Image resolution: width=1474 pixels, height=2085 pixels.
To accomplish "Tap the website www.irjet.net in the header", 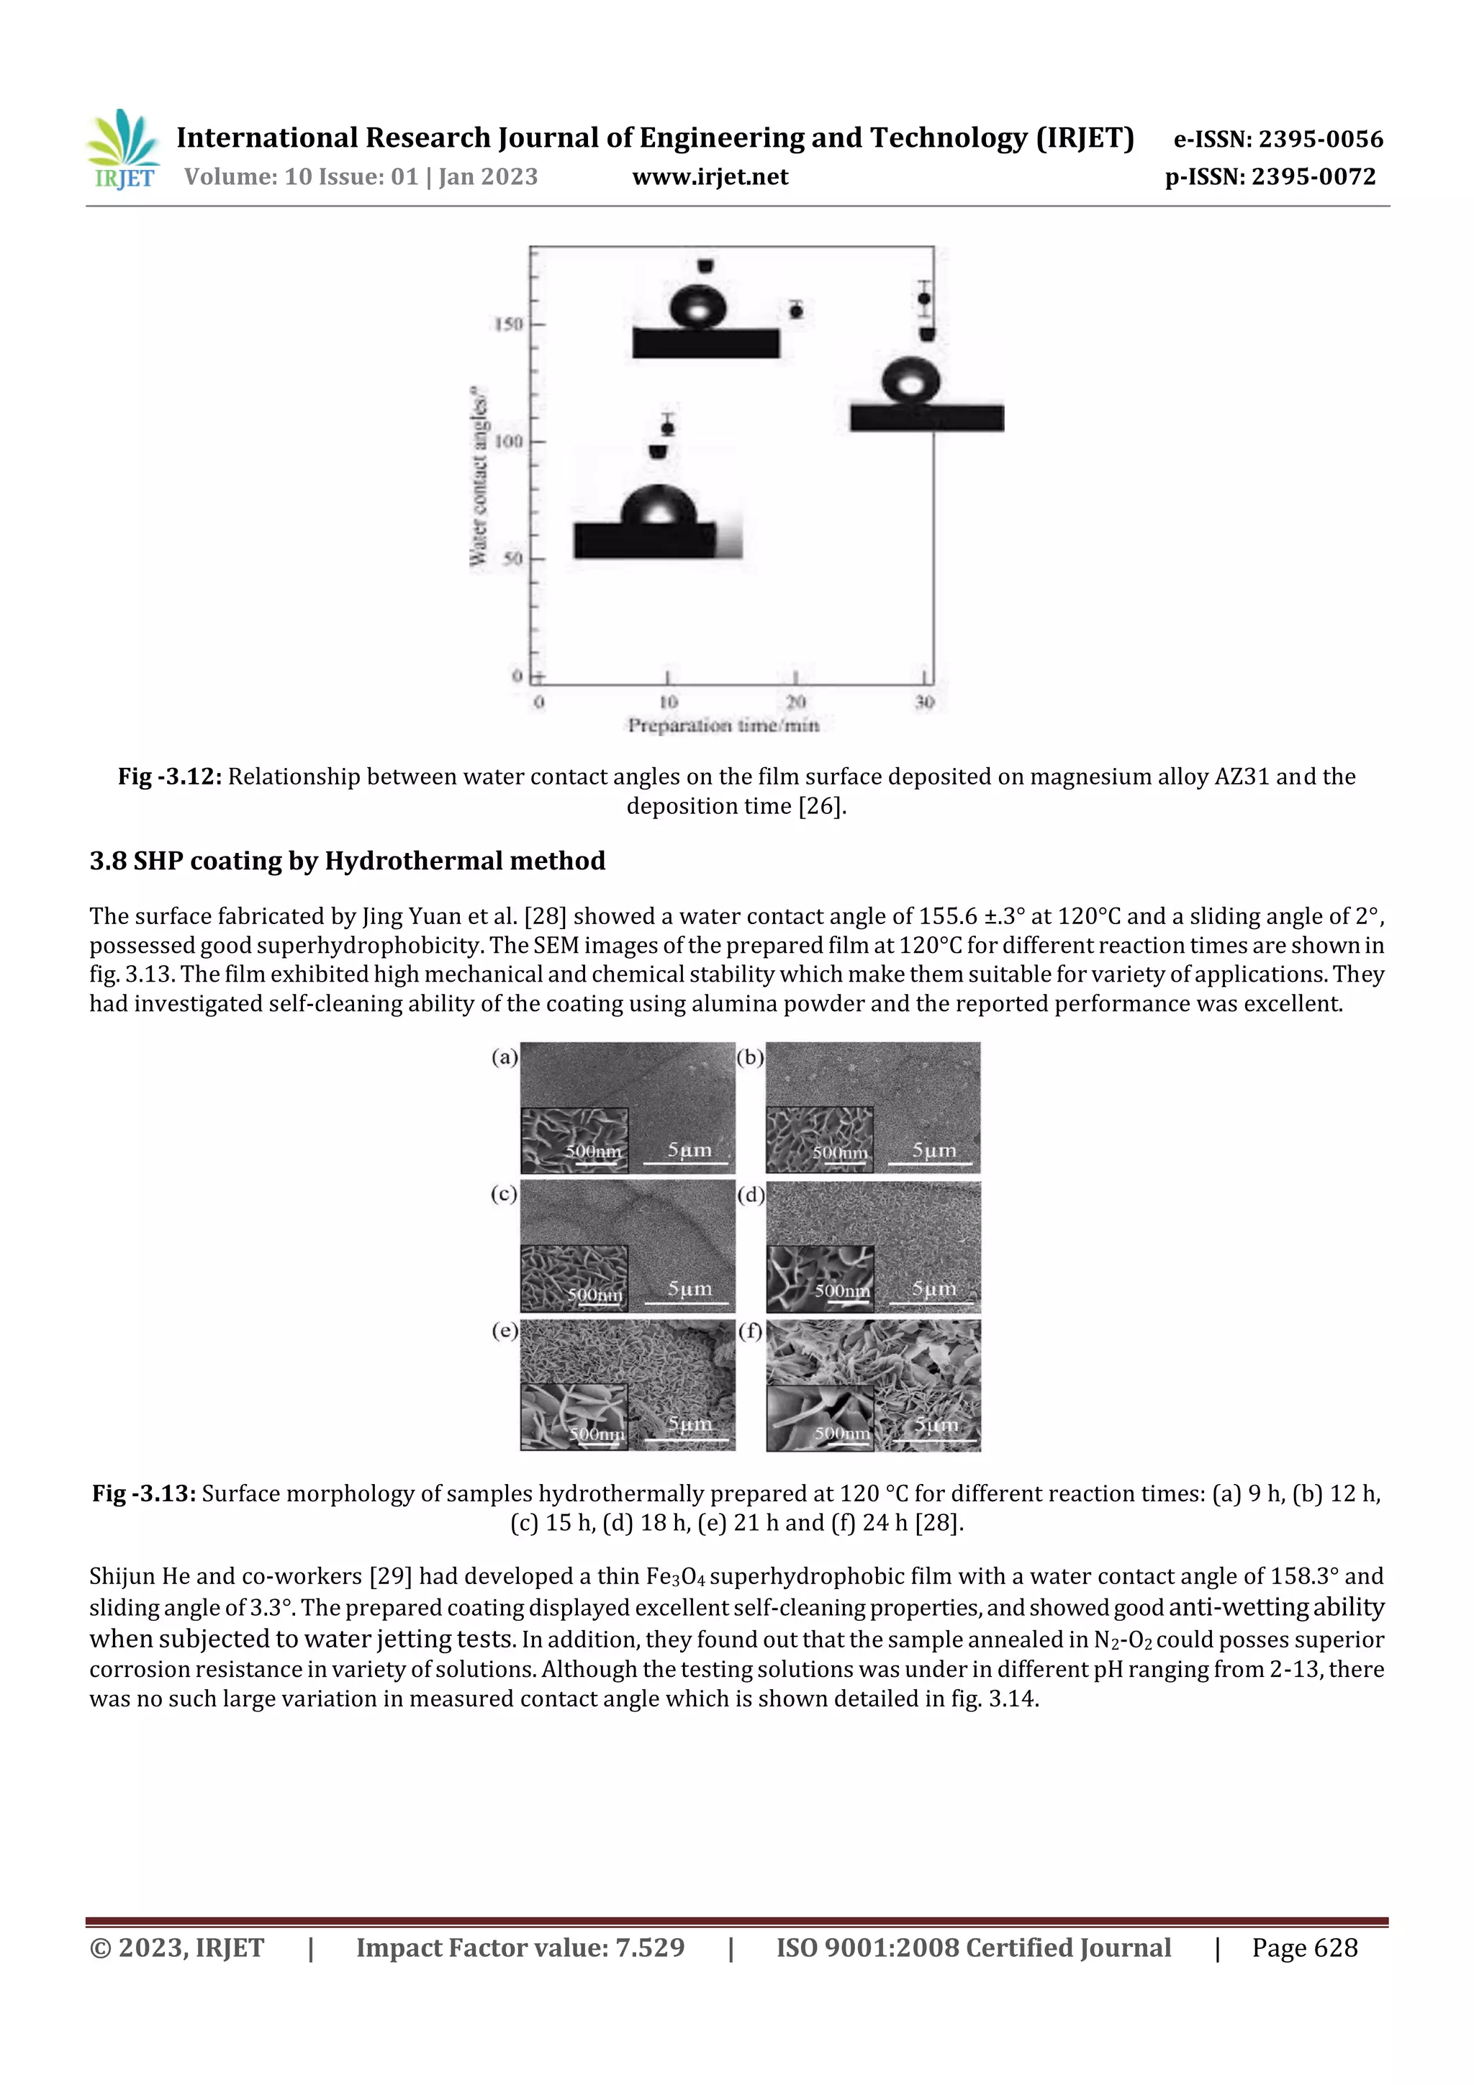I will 710,177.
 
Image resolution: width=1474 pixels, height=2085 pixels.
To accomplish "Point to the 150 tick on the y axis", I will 509,324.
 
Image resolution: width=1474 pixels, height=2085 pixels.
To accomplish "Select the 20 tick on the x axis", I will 795,702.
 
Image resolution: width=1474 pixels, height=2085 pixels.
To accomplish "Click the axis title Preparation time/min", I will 723,725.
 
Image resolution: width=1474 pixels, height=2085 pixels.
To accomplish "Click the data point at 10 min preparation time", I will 667,428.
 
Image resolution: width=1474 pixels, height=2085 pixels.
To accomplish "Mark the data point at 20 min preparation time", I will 797,312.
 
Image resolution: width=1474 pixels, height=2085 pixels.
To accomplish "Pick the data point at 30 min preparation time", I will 925,299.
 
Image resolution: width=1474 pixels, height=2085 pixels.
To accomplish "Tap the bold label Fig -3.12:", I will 170,777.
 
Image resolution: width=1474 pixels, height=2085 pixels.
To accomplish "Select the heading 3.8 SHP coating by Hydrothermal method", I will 347,861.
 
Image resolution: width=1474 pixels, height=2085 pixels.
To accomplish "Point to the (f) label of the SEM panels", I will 750,1332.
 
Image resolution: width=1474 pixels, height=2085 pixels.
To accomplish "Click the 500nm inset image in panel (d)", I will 819,1279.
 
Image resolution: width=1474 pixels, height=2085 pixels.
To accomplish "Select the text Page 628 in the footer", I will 1304,1948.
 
